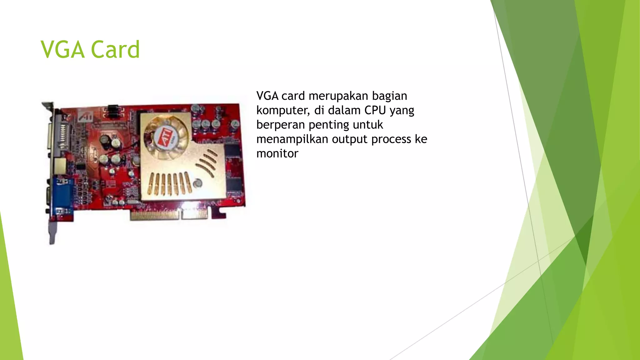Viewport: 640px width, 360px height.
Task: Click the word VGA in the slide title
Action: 62,50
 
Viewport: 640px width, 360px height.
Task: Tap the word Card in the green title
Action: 115,50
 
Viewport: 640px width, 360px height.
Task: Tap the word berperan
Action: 280,125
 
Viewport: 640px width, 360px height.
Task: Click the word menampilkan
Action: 292,139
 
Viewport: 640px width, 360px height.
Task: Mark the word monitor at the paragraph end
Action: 277,153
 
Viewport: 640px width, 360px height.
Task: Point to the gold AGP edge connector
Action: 169,215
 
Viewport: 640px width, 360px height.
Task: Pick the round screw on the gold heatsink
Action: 197,183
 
